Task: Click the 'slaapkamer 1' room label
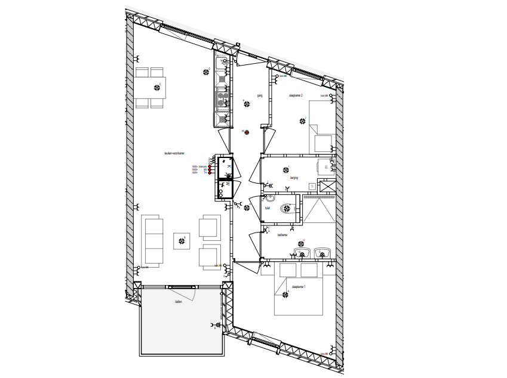[x=299, y=287]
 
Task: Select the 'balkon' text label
[x=178, y=302]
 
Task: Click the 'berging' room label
[x=294, y=177]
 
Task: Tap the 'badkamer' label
[x=282, y=235]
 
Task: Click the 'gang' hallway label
[x=260, y=95]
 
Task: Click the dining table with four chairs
[x=150, y=87]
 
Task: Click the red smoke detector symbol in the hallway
[x=246, y=132]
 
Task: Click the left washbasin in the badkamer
[x=302, y=253]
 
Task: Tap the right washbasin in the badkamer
[x=323, y=253]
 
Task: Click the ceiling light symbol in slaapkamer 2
[x=302, y=121]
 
